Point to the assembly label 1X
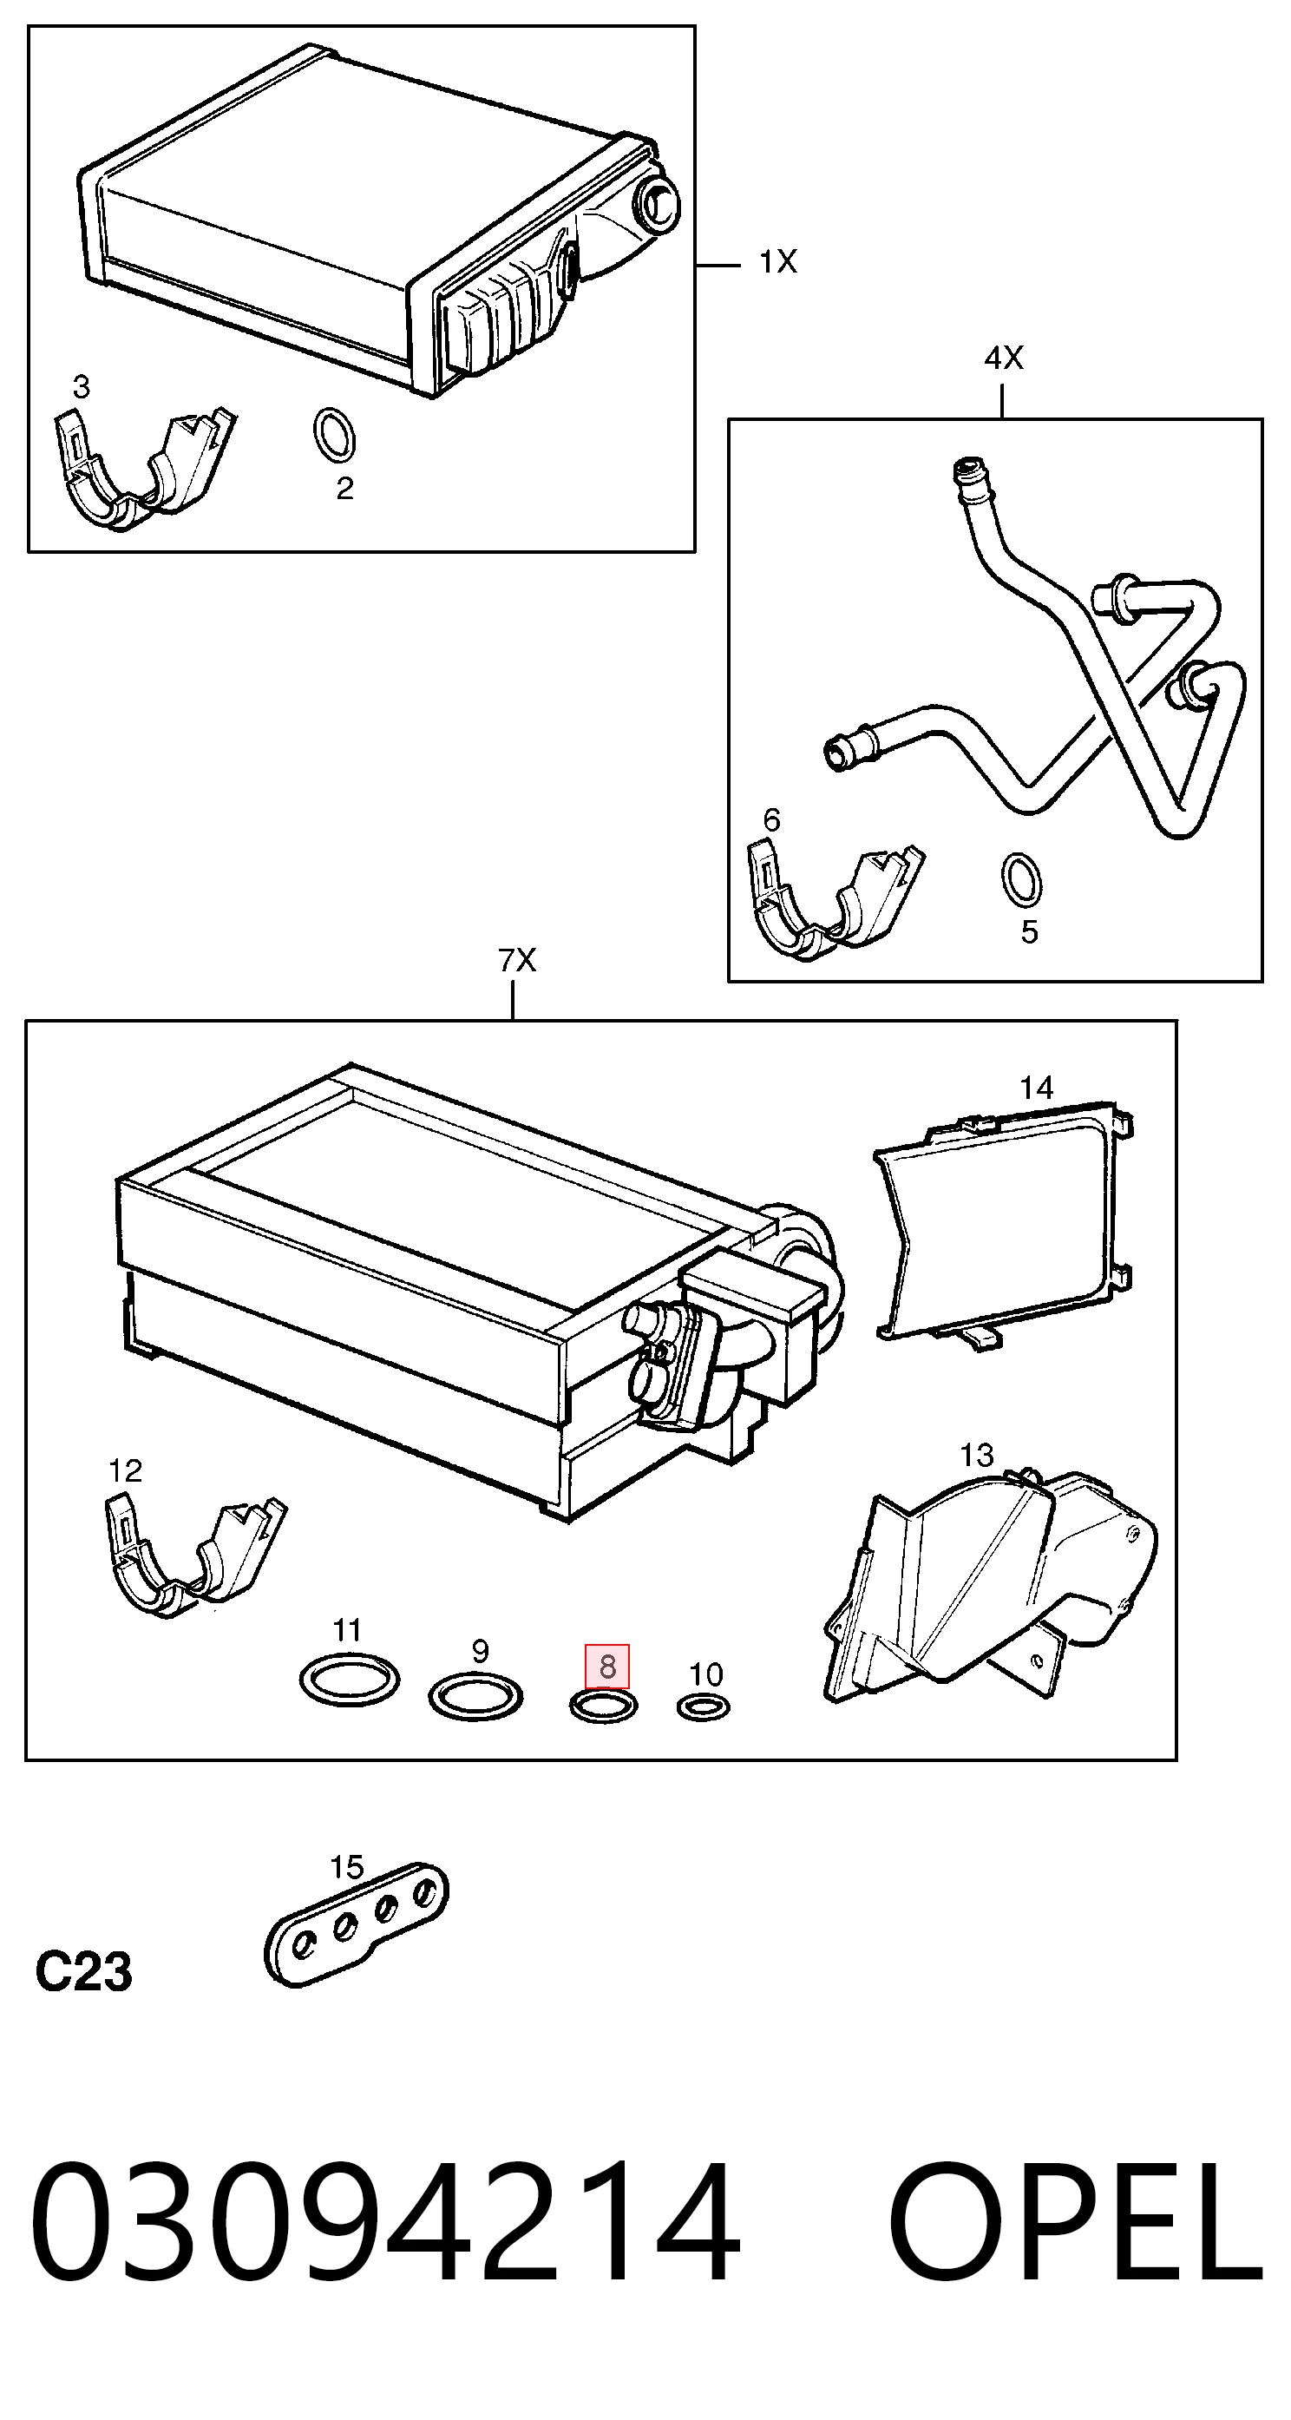[777, 261]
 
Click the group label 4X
[1004, 357]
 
